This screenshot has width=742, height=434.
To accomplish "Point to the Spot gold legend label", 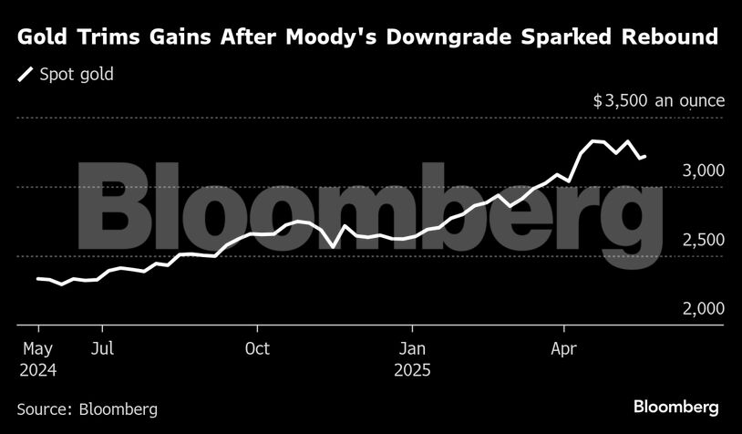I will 77,75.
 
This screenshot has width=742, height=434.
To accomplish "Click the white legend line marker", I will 26,75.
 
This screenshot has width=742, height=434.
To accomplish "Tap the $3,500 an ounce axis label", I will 658,100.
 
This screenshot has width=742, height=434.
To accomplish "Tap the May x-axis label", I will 37,349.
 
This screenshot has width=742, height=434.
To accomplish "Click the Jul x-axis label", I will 103,349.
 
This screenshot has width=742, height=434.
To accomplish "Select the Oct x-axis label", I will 258,349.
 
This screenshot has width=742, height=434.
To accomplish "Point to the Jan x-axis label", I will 412,349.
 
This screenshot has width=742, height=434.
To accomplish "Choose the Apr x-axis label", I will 564,349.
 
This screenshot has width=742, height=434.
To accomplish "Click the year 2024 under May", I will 37,371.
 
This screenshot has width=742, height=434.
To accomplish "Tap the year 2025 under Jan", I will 412,371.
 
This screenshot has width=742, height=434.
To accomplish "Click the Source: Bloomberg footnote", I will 88,408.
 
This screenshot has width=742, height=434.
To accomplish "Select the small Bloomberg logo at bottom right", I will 675,407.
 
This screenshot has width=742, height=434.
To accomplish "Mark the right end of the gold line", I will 645,157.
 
